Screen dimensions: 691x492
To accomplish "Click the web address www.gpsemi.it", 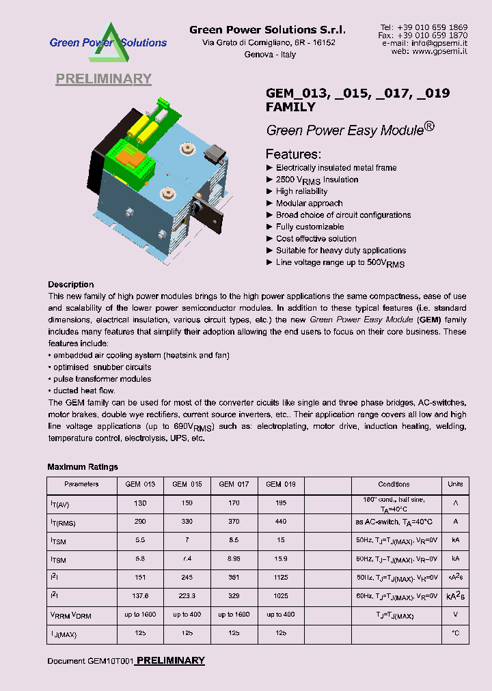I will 440,51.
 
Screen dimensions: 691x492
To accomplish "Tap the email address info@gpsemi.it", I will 440,43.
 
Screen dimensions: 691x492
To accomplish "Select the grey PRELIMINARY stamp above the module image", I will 103,79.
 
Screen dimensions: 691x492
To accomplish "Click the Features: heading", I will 293,154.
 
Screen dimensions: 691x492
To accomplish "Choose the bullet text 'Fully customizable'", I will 310,227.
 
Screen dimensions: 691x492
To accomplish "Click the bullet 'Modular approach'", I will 309,203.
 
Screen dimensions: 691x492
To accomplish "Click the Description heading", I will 70,285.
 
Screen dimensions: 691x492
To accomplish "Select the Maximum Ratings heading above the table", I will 83,467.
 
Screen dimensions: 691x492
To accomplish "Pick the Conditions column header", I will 394,484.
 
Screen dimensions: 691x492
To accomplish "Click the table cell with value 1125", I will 280,577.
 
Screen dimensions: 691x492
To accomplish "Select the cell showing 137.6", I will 140,596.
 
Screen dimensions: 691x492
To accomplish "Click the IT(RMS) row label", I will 62,523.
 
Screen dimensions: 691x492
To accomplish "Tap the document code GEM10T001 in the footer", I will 109,662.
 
